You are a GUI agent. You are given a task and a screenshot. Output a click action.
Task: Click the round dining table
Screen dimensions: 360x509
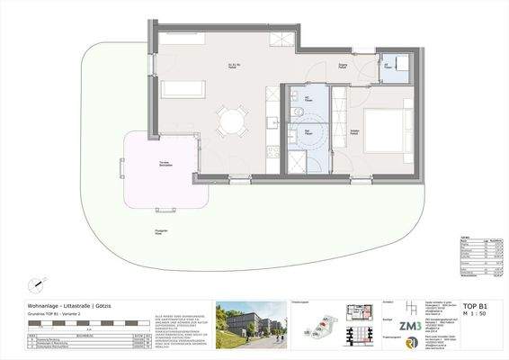[232, 118]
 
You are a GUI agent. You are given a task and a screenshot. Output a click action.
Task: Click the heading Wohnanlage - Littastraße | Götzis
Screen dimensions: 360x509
[68, 306]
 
